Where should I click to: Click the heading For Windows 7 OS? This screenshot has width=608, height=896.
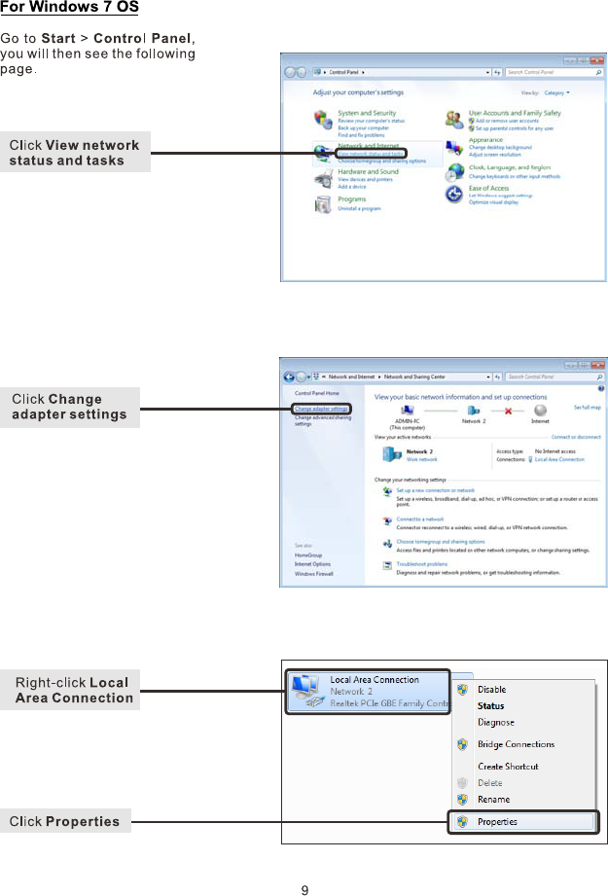(x=69, y=9)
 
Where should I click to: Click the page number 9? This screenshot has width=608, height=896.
(x=304, y=889)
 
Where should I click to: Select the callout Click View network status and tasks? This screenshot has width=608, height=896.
(x=75, y=153)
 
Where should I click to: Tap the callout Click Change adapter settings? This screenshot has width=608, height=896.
(x=70, y=407)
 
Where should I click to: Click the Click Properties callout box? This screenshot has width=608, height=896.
(x=65, y=822)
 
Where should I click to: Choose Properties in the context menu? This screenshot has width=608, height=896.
(x=497, y=821)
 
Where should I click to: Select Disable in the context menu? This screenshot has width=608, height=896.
(x=491, y=690)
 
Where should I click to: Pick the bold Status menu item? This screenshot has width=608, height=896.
(x=490, y=706)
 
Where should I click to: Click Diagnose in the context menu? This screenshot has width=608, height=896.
(x=495, y=722)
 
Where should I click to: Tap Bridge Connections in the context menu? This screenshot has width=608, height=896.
(x=516, y=744)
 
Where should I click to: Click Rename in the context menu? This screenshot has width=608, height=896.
(x=493, y=800)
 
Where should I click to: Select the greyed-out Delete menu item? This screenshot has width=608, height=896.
(x=489, y=782)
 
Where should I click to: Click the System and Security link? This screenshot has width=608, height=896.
(x=367, y=113)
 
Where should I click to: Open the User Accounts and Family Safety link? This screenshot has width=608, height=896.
(x=515, y=113)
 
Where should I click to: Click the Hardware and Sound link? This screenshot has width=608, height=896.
(x=368, y=172)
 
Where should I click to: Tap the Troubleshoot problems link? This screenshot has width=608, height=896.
(x=422, y=564)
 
